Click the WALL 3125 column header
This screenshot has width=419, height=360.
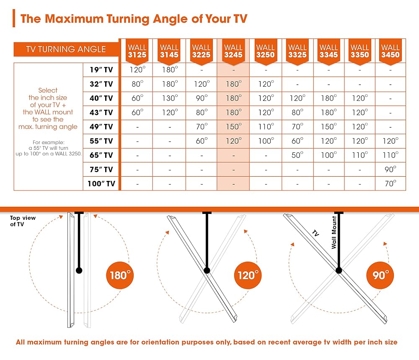tap(137, 51)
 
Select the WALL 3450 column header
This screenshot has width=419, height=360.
tap(391, 51)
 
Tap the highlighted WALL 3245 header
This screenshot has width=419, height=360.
tap(233, 51)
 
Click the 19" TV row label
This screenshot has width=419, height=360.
tap(101, 70)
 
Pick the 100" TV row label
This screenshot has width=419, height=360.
tap(101, 183)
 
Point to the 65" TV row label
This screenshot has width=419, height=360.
tap(101, 155)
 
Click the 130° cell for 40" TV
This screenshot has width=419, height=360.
tap(170, 98)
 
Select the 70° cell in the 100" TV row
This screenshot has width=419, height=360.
tap(391, 183)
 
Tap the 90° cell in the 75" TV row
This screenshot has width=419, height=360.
tap(391, 169)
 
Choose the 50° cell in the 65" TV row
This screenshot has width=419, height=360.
tap(297, 155)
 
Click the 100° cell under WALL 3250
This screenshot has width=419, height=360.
tap(266, 141)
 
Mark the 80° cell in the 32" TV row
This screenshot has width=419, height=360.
tap(137, 84)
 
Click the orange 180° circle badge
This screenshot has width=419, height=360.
tap(120, 275)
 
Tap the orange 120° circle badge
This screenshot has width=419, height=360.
tap(248, 275)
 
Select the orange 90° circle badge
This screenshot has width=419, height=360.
tap(380, 275)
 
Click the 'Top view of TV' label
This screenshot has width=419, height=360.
tap(23, 221)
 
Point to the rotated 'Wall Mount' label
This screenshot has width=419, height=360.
tap(334, 232)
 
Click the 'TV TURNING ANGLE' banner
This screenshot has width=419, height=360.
tap(66, 49)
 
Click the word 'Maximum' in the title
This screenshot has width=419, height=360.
tap(74, 19)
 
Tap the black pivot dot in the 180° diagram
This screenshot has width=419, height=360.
tap(79, 270)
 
